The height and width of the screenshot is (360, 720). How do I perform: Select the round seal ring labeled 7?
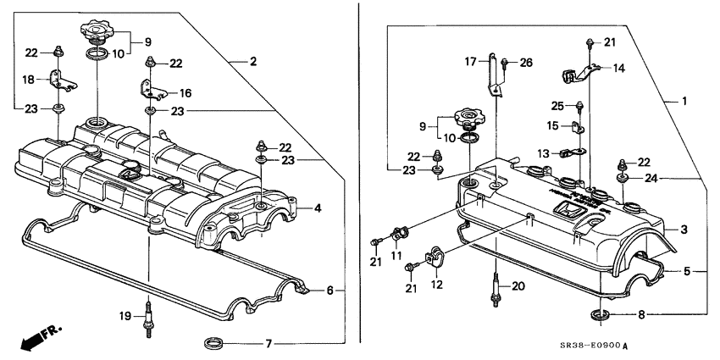click(x=214, y=343)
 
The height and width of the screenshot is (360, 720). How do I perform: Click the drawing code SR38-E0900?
click(x=590, y=346)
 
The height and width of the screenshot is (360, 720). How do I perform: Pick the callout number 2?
click(x=253, y=61)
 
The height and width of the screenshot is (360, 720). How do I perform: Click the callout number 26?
click(x=526, y=61)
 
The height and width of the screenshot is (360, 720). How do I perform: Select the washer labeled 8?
click(x=601, y=317)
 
